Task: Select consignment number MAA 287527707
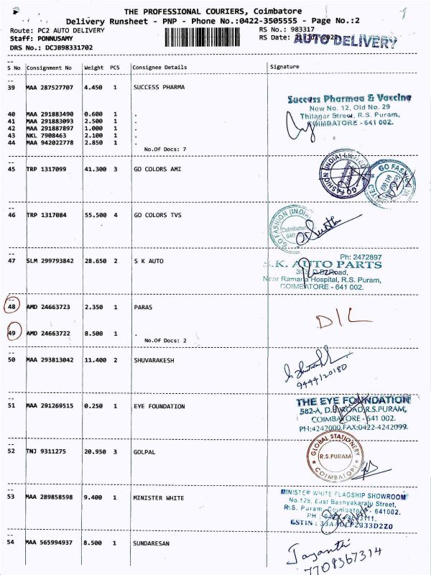50,88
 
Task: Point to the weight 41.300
94,169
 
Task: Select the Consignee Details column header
160,68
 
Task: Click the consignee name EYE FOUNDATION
159,406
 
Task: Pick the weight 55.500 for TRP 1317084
94,215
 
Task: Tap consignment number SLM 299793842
50,261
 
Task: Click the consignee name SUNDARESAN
152,543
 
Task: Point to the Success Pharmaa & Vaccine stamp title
349,98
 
